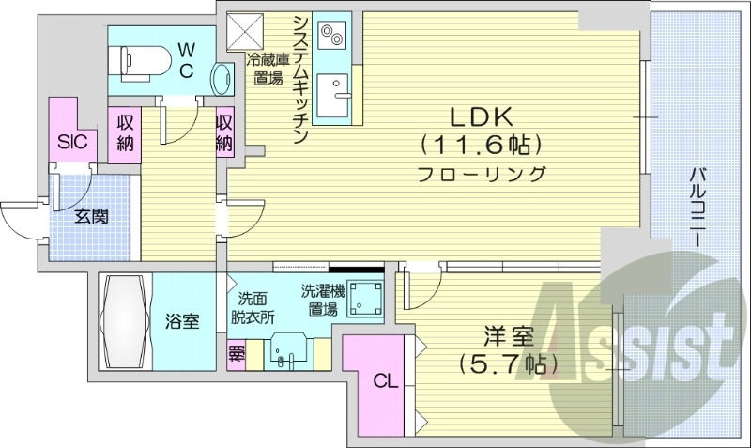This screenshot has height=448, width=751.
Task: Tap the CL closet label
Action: pyautogui.click(x=384, y=381)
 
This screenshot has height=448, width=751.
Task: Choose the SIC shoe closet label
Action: pyautogui.click(x=72, y=143)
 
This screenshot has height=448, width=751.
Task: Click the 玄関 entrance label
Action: pyautogui.click(x=90, y=217)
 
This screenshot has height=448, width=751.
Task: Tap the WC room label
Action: pyautogui.click(x=186, y=58)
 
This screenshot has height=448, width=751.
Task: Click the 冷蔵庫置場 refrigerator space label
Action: pyautogui.click(x=268, y=69)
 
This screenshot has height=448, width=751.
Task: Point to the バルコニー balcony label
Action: pyautogui.click(x=697, y=207)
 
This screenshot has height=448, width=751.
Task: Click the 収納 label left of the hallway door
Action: pyautogui.click(x=125, y=131)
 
